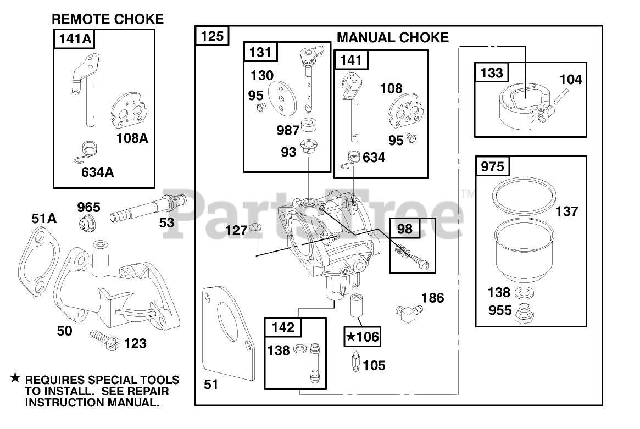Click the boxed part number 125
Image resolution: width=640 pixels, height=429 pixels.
pos(212,36)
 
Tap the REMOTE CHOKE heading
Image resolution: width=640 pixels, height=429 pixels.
pos(108,19)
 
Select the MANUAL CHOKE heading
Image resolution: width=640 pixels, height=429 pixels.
pos(393,37)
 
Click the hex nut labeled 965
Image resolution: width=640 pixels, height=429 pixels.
pos(87,222)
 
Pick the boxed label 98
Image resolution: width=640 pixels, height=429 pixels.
pos(404,229)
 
